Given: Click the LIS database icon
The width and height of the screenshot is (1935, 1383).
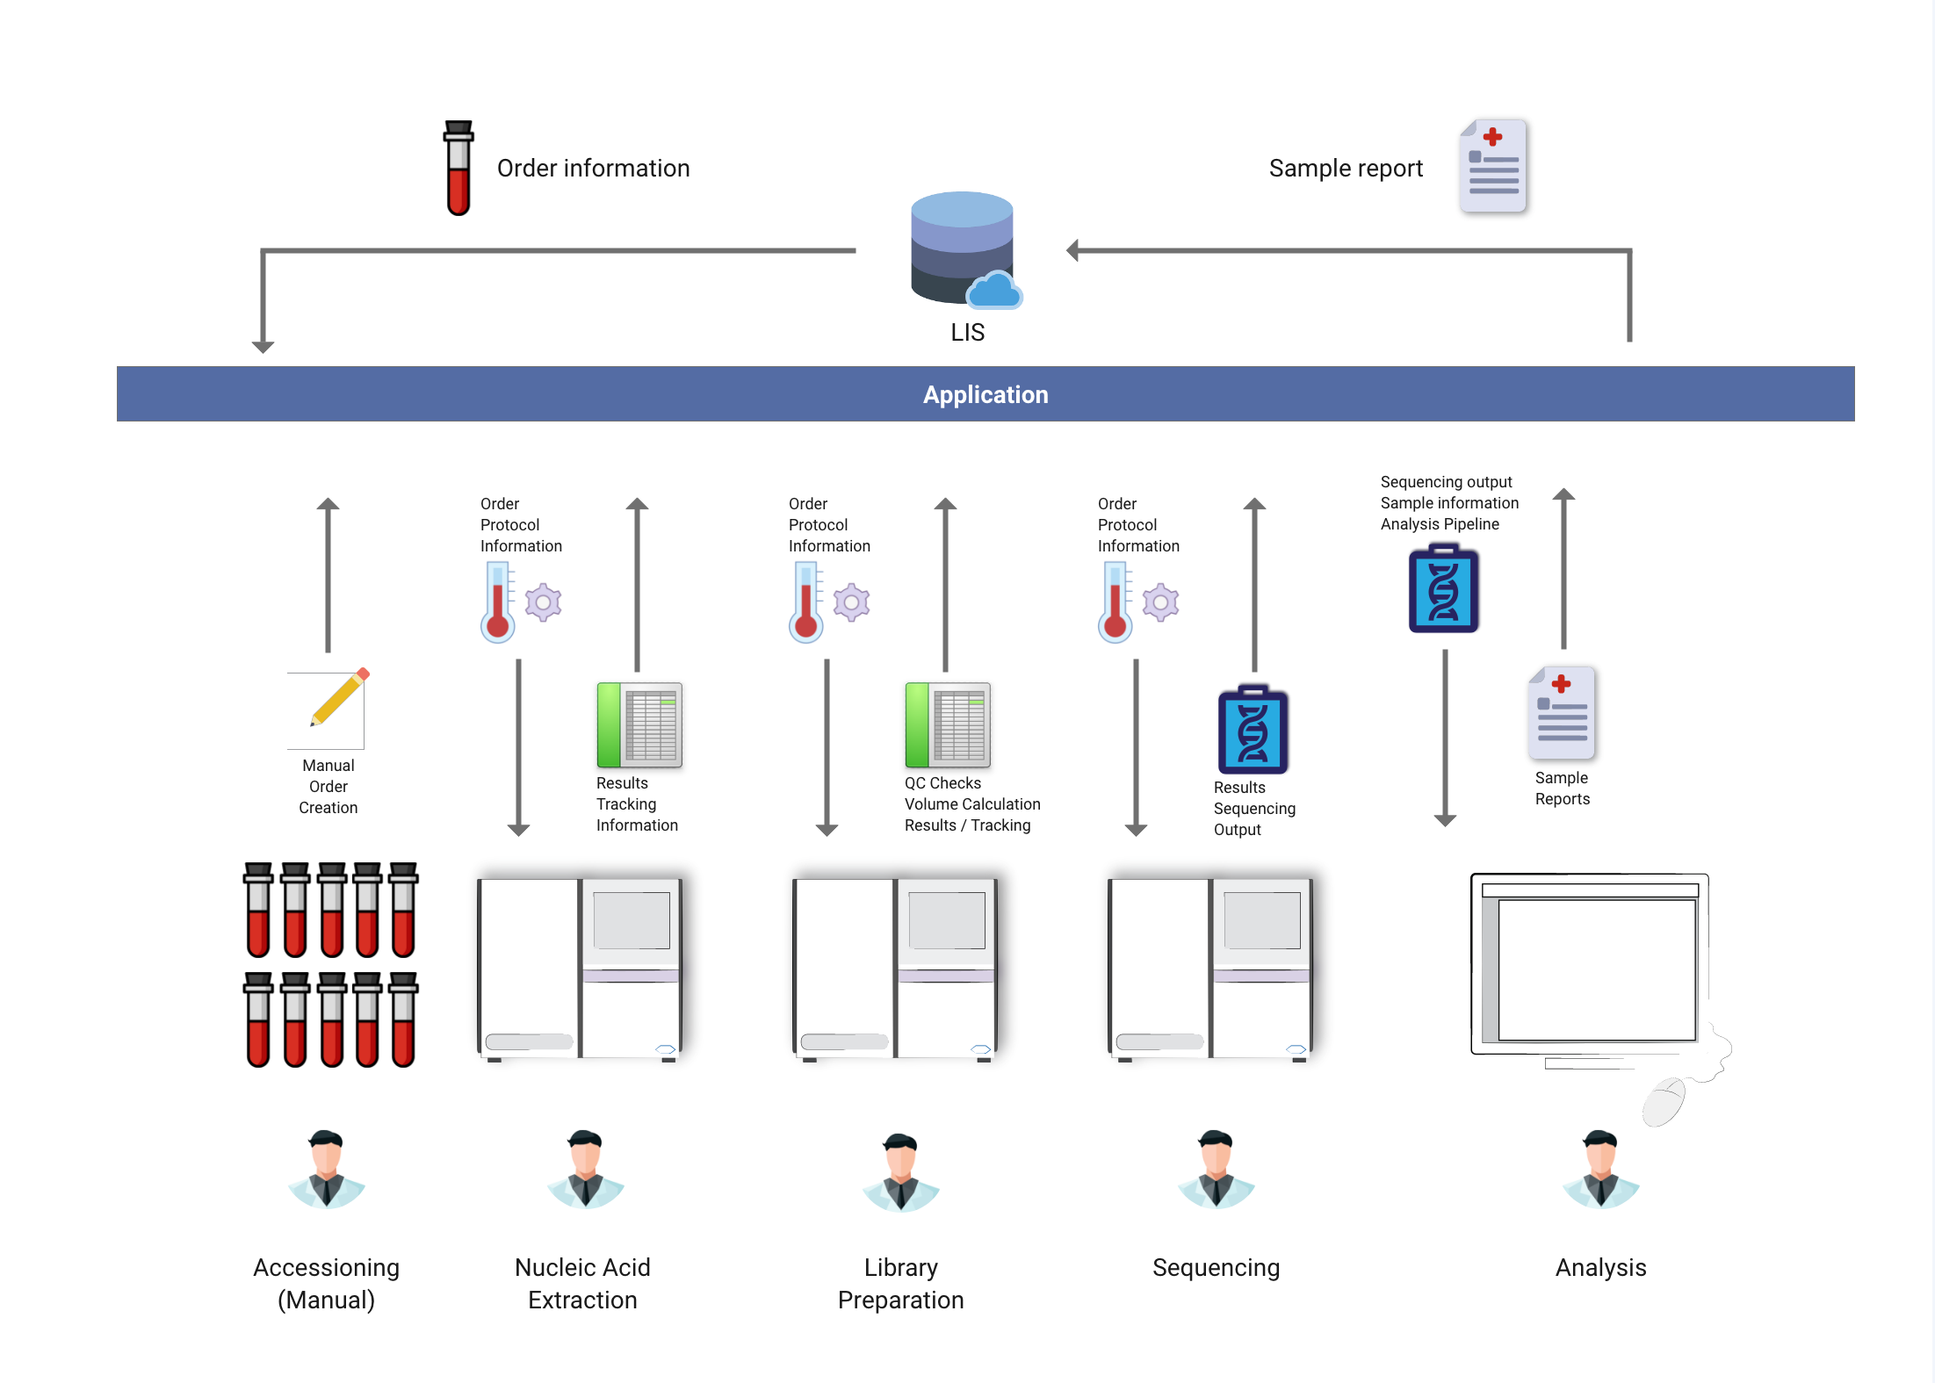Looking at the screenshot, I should click(963, 249).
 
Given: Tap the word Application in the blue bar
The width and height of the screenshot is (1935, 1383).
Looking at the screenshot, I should click(985, 394).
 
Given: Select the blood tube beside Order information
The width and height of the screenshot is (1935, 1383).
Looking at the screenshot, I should click(458, 168).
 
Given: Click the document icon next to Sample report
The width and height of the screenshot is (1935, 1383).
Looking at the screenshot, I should click(1493, 166).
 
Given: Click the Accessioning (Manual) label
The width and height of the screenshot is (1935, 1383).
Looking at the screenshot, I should click(326, 1283).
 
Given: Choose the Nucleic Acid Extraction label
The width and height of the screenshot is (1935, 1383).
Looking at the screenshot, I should click(582, 1283).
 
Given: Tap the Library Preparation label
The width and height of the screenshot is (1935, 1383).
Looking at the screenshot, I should click(900, 1283).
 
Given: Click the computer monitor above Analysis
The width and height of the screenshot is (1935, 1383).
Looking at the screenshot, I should click(1590, 966).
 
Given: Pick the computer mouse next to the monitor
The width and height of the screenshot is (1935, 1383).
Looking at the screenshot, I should click(1664, 1103).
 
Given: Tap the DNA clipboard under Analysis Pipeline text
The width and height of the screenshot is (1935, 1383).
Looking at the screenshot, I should click(1443, 589).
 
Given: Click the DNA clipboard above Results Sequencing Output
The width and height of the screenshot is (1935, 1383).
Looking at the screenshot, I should click(1253, 730).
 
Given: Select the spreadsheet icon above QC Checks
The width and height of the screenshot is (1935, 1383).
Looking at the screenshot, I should click(948, 724).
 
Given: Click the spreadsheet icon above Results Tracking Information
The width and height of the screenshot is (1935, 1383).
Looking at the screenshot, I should click(639, 724).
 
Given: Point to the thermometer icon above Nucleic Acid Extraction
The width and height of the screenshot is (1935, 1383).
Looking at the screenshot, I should click(497, 602).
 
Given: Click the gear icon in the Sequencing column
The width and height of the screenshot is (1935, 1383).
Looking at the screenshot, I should click(1160, 602).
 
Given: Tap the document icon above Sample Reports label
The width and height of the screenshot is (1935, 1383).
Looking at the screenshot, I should click(1562, 713).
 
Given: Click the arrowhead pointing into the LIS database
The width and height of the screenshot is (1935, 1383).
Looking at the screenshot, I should click(1072, 250).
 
